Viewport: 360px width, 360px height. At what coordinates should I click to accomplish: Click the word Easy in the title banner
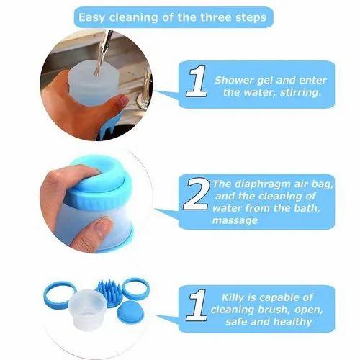click(x=91, y=18)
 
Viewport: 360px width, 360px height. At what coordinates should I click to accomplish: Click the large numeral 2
click(x=196, y=194)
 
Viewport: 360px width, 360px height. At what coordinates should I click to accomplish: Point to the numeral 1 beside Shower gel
click(x=197, y=81)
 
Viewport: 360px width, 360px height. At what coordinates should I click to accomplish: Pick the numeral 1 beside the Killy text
click(x=197, y=305)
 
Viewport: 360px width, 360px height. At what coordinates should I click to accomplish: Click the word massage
click(x=235, y=221)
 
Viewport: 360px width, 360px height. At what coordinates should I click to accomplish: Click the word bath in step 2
click(x=307, y=208)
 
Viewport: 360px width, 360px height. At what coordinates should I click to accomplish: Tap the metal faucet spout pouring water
click(x=104, y=52)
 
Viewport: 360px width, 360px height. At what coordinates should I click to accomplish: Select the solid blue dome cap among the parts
click(x=130, y=312)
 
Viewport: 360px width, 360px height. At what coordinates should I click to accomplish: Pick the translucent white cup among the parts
click(x=87, y=310)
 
